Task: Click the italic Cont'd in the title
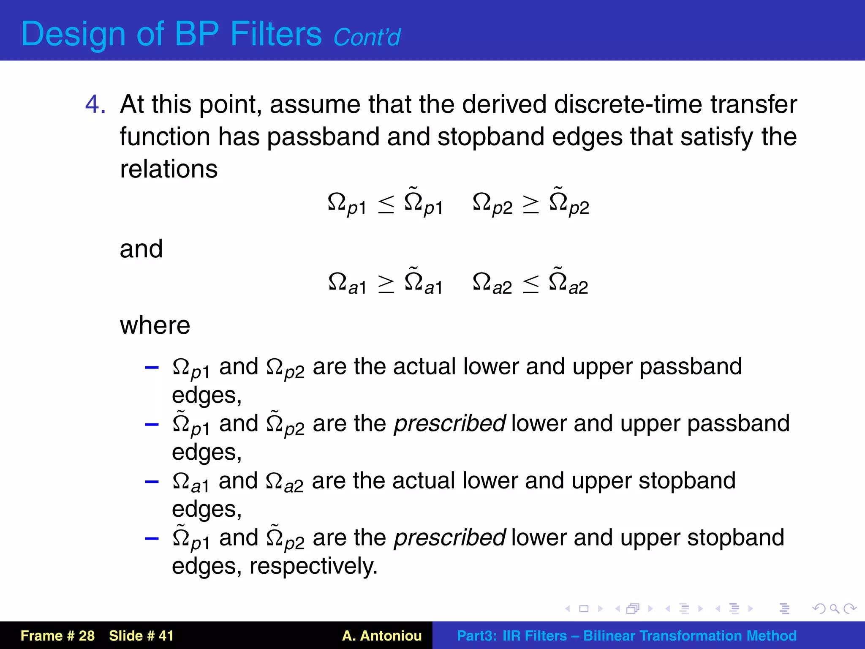(x=367, y=37)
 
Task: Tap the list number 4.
(x=95, y=104)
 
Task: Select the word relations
(x=169, y=169)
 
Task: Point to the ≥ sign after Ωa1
(x=386, y=284)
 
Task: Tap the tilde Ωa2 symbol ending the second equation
(x=568, y=282)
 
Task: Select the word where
(x=155, y=325)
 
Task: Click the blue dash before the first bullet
(x=152, y=367)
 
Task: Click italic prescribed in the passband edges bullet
(x=449, y=423)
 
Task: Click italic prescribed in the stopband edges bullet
(x=449, y=537)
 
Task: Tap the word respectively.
(x=313, y=566)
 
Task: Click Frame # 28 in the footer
(x=57, y=635)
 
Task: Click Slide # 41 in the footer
(x=141, y=635)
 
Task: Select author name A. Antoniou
(x=382, y=635)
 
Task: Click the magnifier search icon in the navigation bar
(x=834, y=608)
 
